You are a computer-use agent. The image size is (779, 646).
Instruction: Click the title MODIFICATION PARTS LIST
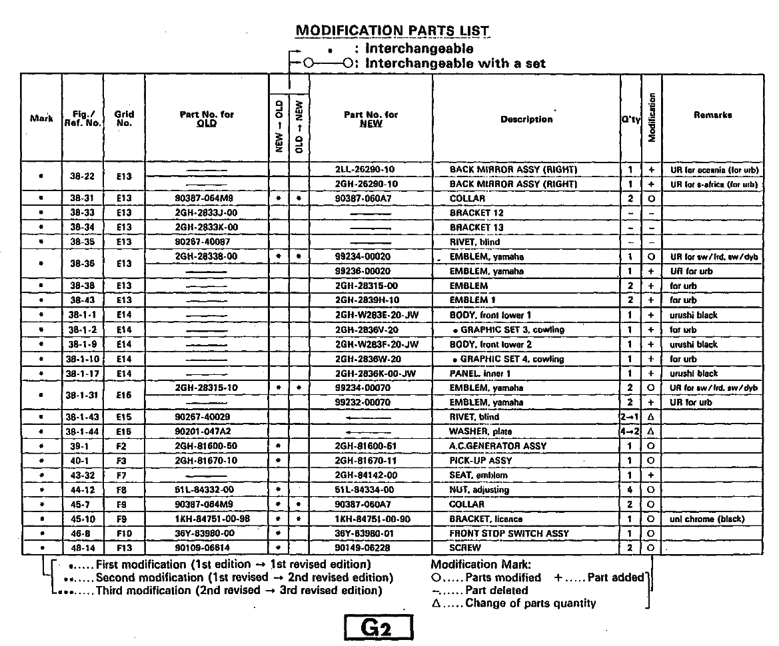point(392,31)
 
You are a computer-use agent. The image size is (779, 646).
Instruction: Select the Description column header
point(526,119)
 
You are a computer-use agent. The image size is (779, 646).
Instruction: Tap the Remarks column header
point(712,115)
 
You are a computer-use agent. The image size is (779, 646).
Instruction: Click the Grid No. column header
point(124,119)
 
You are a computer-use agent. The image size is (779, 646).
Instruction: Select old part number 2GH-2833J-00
point(206,213)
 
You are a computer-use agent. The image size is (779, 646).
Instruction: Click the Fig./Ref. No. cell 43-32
point(83,476)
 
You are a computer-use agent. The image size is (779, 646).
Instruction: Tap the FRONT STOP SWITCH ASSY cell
point(509,533)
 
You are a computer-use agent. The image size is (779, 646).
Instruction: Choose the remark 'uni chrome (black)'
point(706,519)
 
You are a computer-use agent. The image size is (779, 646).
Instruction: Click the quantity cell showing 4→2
point(630,432)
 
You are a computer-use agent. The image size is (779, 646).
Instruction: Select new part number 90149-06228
point(366,548)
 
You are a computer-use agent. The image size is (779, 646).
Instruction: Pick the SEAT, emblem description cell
point(478,476)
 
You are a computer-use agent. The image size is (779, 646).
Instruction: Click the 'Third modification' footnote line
point(239,591)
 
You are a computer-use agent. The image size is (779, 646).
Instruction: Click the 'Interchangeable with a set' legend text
point(456,64)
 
